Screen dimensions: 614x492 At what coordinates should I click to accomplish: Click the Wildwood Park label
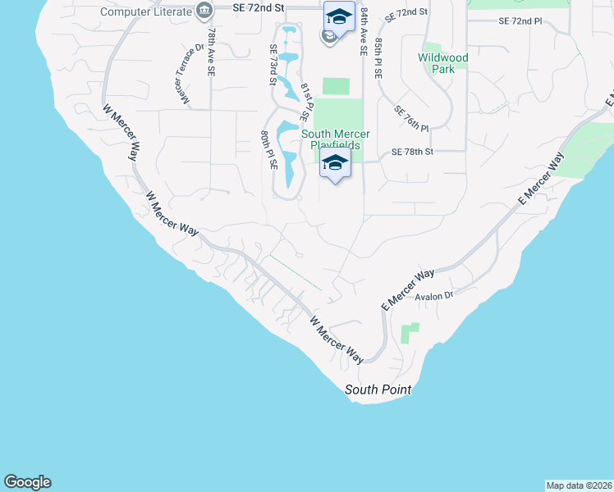coord(442,63)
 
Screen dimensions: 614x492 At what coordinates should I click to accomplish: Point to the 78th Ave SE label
coord(212,52)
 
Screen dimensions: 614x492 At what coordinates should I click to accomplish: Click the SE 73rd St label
coord(273,65)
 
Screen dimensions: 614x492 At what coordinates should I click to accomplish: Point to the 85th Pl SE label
coord(378,57)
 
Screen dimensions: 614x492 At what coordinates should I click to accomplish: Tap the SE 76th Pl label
coord(412,118)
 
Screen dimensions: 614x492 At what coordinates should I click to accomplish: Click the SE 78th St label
coord(411,152)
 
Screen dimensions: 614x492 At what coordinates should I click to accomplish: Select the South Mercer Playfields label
coord(335,139)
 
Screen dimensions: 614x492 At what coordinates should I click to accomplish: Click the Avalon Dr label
coord(433,295)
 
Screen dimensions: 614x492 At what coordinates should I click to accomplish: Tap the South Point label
coord(378,389)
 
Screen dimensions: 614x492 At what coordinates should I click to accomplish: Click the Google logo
coord(28,482)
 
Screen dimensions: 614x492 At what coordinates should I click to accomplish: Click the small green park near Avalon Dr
coord(409,332)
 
